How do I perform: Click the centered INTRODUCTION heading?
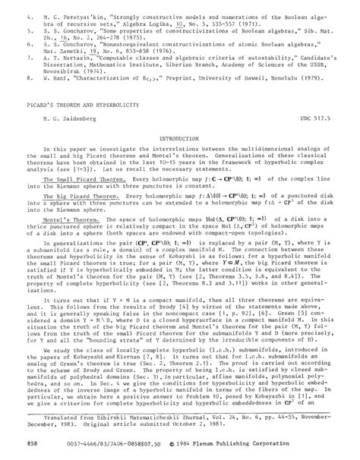(179, 139)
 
